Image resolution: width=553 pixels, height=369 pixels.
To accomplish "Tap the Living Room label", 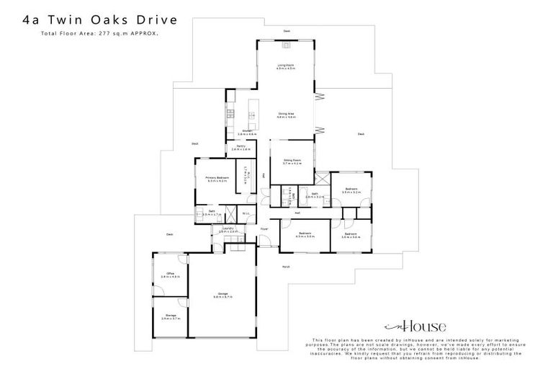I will [x=286, y=67].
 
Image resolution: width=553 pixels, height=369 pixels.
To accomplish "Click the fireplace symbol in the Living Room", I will [x=287, y=45].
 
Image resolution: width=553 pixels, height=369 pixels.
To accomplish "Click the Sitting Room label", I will [x=292, y=163].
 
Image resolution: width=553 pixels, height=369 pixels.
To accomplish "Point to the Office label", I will [x=170, y=275].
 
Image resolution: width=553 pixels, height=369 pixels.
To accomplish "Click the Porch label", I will [x=286, y=266].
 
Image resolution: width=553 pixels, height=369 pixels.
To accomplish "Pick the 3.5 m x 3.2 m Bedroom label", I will [x=351, y=190].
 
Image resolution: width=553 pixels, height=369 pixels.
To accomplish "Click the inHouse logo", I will [x=415, y=326].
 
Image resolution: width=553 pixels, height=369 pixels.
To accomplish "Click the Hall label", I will [x=297, y=213].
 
